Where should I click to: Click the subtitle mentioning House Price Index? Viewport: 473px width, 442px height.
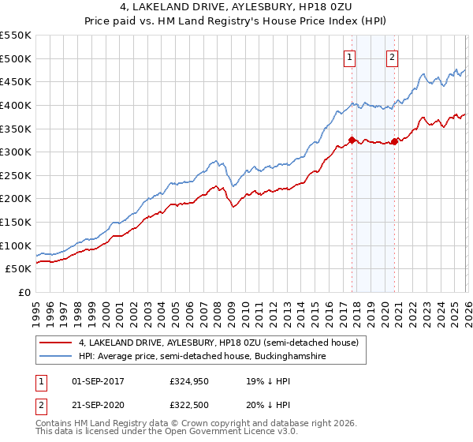[x=236, y=21]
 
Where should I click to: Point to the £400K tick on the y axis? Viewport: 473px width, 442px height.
[x=16, y=105]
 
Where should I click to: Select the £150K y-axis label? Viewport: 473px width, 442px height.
[x=16, y=222]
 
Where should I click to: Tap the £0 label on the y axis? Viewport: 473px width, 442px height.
[x=24, y=292]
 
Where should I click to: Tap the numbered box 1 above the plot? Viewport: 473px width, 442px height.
[x=349, y=56]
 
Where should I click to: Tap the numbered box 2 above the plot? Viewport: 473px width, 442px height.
[x=392, y=56]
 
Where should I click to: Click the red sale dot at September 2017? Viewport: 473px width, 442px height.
[x=352, y=140]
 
